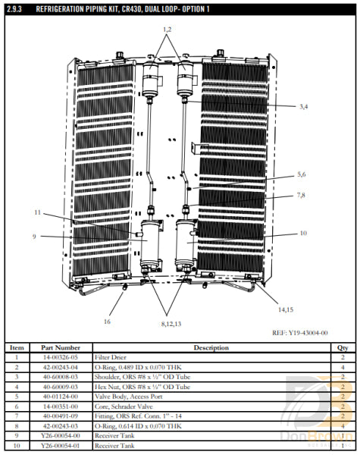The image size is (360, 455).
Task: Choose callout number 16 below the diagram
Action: [x=107, y=322]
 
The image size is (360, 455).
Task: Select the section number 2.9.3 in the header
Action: [x=17, y=8]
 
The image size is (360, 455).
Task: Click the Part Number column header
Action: [x=61, y=348]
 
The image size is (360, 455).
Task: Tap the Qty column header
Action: [x=343, y=348]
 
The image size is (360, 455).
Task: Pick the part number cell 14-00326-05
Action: [x=61, y=356]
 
